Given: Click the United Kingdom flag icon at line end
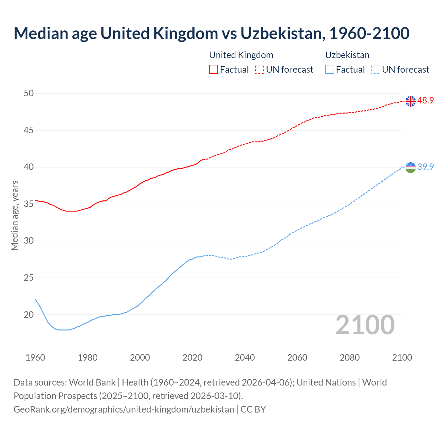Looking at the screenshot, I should [410, 101].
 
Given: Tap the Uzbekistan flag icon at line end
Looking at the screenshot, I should [410, 167].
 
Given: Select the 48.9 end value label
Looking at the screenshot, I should [425, 101].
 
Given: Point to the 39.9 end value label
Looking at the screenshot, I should [425, 167].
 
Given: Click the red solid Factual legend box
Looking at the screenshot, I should [214, 70].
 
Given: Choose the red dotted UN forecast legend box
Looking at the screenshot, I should [260, 70].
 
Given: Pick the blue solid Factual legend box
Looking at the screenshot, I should [330, 70].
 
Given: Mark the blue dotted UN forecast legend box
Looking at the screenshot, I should [376, 70].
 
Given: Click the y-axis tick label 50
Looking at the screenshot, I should [29, 93].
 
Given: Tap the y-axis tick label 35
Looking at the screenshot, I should [29, 204].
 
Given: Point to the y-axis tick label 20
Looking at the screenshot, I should [29, 315].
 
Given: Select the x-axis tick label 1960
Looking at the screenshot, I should [35, 358].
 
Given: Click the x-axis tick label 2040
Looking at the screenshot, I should [245, 358].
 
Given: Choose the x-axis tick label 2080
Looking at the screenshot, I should [350, 358].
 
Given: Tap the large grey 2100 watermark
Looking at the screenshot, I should [365, 325].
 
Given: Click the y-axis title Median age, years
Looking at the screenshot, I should [15, 215].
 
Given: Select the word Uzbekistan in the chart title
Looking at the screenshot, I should [282, 33].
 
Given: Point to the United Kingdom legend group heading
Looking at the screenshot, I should [241, 55].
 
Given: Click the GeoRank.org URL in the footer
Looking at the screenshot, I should [124, 409].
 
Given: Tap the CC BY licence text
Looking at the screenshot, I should [253, 409].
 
